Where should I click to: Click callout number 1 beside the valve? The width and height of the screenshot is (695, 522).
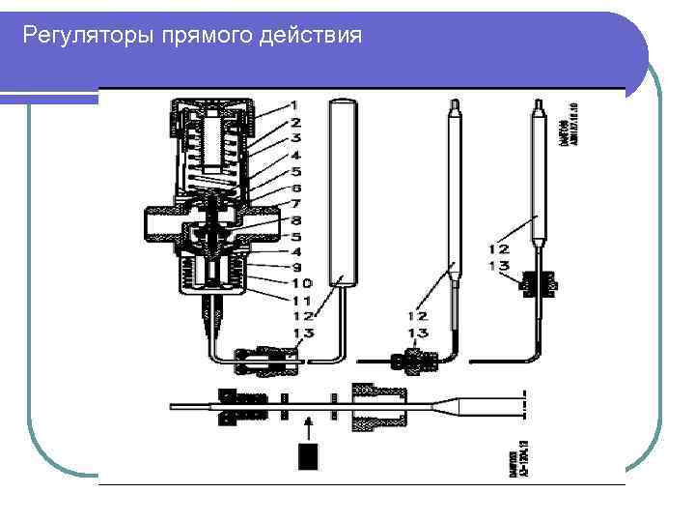coord(294,103)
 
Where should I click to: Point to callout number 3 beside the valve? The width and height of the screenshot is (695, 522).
coord(294,138)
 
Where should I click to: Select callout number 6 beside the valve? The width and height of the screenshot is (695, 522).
coord(294,188)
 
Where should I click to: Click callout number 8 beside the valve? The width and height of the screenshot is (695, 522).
coord(294,220)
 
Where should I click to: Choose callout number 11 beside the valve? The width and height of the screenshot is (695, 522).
coord(297,300)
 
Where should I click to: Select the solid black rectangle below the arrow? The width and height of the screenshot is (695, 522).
coord(308,455)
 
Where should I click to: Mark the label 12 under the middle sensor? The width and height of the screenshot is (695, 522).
coord(417,316)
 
